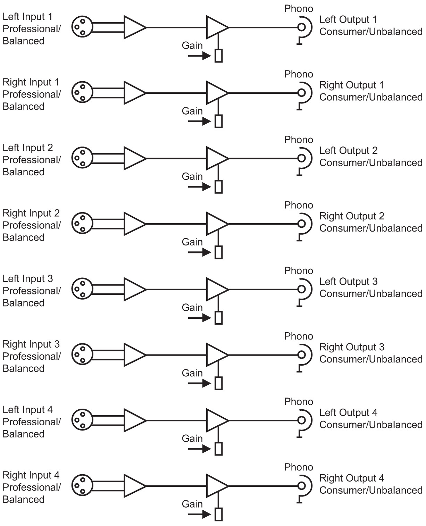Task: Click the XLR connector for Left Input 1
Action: tap(82, 27)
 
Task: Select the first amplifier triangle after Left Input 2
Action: tap(134, 158)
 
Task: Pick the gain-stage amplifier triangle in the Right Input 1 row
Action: tap(216, 93)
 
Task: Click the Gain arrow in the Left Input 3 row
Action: tap(199, 318)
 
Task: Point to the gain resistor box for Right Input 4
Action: tap(218, 514)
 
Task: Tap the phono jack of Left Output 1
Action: tap(301, 27)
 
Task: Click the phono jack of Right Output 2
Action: tap(301, 224)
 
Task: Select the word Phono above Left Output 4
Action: tap(299, 402)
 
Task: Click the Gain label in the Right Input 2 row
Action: tap(192, 242)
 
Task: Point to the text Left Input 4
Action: tap(27, 410)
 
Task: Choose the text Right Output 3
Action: tap(352, 347)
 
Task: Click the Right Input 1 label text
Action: tap(31, 82)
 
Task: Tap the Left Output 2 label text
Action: tap(348, 151)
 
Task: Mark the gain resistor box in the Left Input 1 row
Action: tap(218, 56)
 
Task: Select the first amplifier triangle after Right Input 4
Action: tap(134, 486)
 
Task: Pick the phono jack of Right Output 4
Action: tap(301, 486)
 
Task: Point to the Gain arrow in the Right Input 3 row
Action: tap(199, 383)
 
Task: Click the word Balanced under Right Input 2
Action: tap(24, 237)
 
